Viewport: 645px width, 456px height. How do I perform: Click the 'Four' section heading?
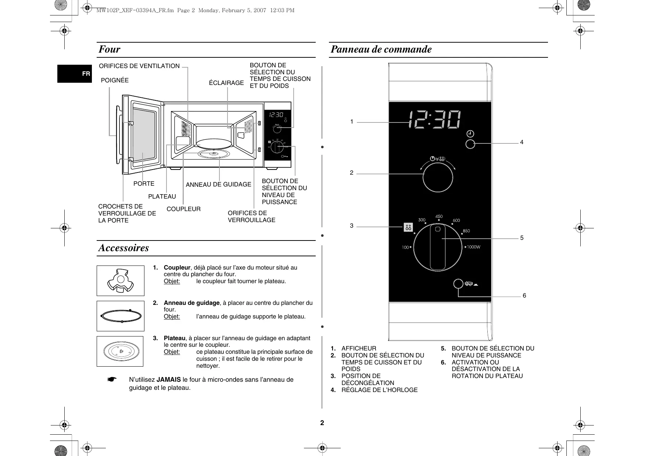[x=110, y=49]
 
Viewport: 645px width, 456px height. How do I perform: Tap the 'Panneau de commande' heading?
[x=381, y=49]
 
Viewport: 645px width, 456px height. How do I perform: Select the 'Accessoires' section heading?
[x=123, y=248]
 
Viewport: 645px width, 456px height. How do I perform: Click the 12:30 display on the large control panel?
[x=434, y=120]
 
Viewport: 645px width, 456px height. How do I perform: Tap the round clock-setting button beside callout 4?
[x=470, y=144]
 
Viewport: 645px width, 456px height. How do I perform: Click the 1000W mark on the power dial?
[x=473, y=247]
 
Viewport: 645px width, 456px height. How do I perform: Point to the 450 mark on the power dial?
[x=439, y=217]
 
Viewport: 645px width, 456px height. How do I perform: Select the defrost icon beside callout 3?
[x=408, y=227]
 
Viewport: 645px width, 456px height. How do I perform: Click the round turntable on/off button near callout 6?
[x=458, y=284]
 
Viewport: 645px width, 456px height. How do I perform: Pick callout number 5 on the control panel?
[x=522, y=238]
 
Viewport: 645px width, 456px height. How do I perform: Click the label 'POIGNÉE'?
[x=115, y=80]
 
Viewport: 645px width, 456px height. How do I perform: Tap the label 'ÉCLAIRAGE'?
[x=226, y=83]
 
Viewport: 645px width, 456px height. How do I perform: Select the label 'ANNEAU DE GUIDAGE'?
[x=218, y=185]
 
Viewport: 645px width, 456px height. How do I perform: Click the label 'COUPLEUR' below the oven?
[x=183, y=209]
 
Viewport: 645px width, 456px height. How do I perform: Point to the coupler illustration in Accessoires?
[x=120, y=281]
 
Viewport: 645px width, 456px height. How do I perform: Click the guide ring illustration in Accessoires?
[x=120, y=316]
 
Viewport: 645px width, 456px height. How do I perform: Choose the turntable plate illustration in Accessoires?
[x=120, y=351]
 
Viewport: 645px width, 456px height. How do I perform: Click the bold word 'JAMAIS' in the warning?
[x=169, y=380]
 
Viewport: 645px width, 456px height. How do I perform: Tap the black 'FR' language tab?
[x=86, y=74]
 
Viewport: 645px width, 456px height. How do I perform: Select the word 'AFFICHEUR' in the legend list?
[x=359, y=348]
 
